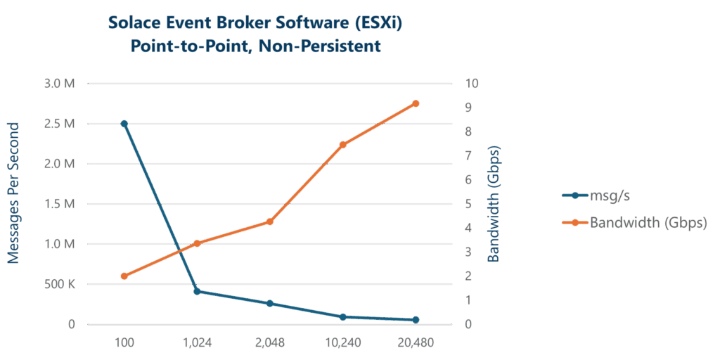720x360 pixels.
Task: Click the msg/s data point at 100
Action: coord(124,124)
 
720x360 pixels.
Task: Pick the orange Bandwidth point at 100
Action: coord(124,276)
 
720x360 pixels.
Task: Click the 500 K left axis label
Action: coord(60,285)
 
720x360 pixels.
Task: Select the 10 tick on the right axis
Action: coord(472,84)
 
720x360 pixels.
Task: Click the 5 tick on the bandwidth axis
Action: coord(467,204)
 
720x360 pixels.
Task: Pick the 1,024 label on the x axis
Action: coord(197,343)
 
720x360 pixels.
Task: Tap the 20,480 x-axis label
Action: coord(415,343)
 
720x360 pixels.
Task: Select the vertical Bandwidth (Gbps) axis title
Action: coord(494,204)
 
